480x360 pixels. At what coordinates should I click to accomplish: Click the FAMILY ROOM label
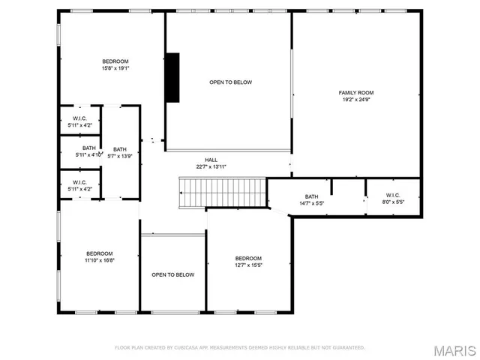click(355, 92)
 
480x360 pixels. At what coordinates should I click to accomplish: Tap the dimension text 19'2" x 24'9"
click(355, 99)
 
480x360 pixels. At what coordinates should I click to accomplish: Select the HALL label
click(211, 160)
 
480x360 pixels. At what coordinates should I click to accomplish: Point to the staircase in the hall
click(223, 193)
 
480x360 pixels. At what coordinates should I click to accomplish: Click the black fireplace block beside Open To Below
click(172, 76)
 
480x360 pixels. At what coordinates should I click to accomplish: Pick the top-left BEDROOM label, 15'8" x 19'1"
click(115, 61)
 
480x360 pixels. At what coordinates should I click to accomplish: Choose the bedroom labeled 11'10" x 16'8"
click(99, 256)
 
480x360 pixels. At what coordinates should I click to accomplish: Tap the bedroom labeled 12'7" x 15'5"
click(248, 261)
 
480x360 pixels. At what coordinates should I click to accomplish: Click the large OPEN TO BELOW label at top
click(230, 82)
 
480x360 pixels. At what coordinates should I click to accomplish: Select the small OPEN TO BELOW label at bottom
click(173, 274)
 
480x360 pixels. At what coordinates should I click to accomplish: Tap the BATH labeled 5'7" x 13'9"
click(120, 152)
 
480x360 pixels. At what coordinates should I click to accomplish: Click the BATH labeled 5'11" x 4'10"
click(89, 151)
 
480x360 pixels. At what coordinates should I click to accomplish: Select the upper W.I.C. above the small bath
click(80, 121)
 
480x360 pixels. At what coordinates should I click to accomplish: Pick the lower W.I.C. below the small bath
click(80, 185)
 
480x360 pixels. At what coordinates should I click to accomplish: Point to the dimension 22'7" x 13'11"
click(211, 166)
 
